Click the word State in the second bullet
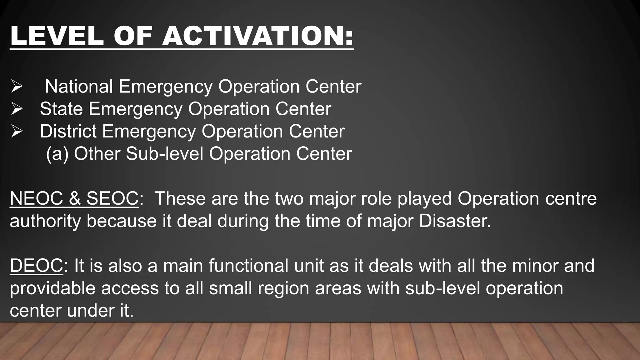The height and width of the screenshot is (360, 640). click(x=61, y=109)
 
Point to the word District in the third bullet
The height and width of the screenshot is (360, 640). click(x=68, y=131)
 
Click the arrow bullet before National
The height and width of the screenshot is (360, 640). click(x=16, y=87)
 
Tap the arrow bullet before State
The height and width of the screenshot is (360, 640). click(x=16, y=109)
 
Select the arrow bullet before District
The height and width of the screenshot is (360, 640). click(x=16, y=132)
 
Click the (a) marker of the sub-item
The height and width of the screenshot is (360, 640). click(x=57, y=154)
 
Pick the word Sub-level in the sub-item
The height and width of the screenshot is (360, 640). click(x=164, y=154)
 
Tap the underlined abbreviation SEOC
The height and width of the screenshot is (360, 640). click(x=112, y=198)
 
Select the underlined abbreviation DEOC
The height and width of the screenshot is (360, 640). click(x=36, y=266)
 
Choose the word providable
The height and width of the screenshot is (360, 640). click(x=52, y=288)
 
